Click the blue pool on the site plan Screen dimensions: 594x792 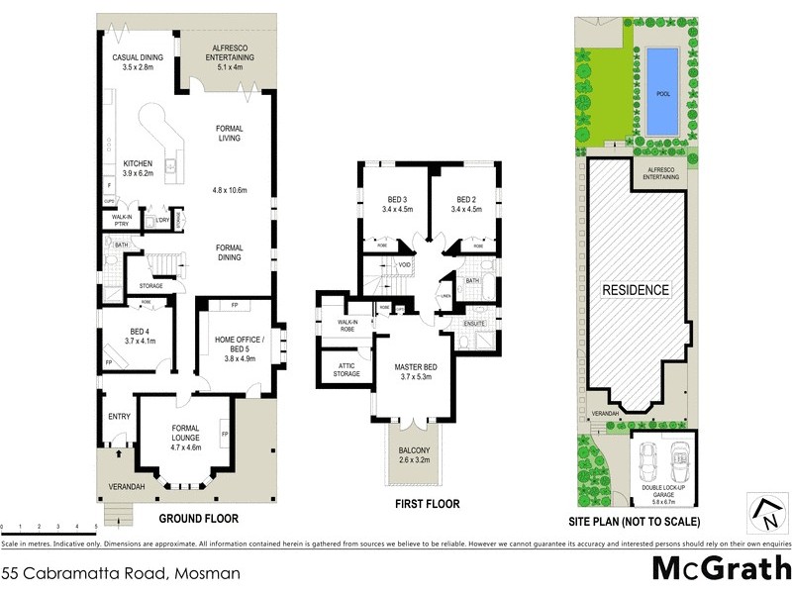(663, 94)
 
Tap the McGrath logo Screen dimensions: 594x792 (720, 569)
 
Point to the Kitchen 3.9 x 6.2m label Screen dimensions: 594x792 (138, 168)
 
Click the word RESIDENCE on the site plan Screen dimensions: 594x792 (637, 291)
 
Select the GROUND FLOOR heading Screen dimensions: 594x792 (199, 518)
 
